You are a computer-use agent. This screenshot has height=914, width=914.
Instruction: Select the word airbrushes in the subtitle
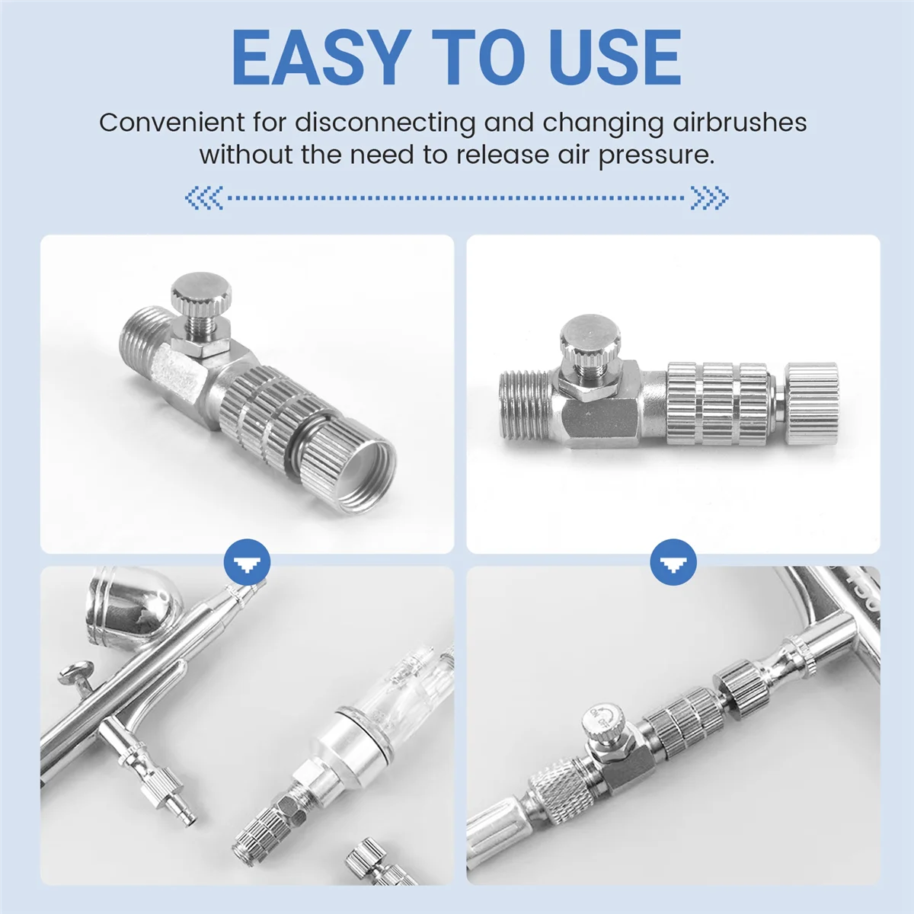click(740, 123)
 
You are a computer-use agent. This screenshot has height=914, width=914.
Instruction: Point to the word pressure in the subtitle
click(656, 155)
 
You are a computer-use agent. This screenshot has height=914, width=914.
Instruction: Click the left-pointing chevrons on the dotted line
click(204, 198)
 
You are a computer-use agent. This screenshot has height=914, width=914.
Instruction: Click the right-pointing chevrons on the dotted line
click(709, 198)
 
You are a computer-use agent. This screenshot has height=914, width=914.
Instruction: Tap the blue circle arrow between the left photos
click(247, 561)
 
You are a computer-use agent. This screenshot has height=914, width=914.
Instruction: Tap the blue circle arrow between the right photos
click(673, 561)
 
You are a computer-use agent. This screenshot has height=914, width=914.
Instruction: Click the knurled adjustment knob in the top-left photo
click(202, 290)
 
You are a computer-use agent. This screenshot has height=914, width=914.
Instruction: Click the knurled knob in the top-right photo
click(590, 335)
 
